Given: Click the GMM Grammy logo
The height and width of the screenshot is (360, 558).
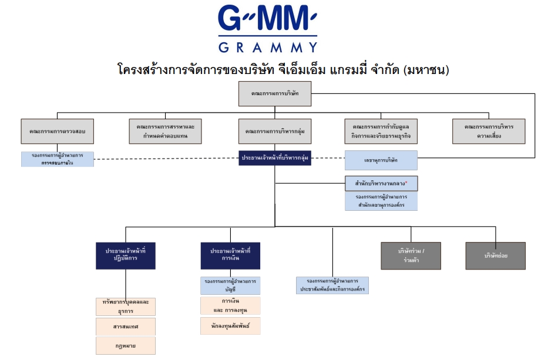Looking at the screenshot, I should click(x=267, y=28).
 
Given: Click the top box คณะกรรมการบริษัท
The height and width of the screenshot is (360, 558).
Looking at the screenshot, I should click(x=274, y=94).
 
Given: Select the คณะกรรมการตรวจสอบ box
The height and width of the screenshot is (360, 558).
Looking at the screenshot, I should click(x=58, y=132).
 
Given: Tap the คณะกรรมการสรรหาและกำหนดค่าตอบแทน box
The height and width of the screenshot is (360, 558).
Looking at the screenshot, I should click(x=165, y=132).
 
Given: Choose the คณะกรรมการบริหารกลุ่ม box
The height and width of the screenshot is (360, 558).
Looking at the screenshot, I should click(x=274, y=132).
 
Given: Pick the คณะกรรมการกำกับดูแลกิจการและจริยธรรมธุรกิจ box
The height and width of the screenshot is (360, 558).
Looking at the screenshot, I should click(x=381, y=132).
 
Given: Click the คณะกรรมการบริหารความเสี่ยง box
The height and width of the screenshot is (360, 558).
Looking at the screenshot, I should click(x=489, y=132).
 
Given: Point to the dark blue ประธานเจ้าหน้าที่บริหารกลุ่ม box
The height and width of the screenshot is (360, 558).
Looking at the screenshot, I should click(x=275, y=159).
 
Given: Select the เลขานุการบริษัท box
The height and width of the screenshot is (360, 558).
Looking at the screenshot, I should click(x=381, y=160).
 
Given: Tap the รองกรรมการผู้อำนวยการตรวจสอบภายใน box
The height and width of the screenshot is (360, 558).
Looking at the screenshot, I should click(x=58, y=159).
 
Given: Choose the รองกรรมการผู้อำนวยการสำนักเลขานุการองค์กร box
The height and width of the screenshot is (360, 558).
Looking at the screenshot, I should click(x=381, y=201).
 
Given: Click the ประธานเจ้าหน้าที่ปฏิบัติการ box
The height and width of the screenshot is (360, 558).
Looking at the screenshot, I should click(x=125, y=255).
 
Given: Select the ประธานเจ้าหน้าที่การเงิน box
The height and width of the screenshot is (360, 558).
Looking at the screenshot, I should click(x=230, y=255).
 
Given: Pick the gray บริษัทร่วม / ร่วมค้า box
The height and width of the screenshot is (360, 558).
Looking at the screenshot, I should click(x=411, y=255).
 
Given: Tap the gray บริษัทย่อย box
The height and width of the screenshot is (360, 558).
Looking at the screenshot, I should click(x=496, y=255).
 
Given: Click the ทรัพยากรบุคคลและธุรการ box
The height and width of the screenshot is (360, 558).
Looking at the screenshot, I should click(x=125, y=305).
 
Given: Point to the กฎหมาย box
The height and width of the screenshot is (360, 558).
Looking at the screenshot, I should click(x=125, y=346).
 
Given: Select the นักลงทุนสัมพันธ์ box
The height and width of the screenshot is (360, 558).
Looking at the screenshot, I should click(x=230, y=325).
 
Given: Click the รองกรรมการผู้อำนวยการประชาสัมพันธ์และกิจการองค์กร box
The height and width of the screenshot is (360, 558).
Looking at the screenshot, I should click(x=332, y=285).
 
